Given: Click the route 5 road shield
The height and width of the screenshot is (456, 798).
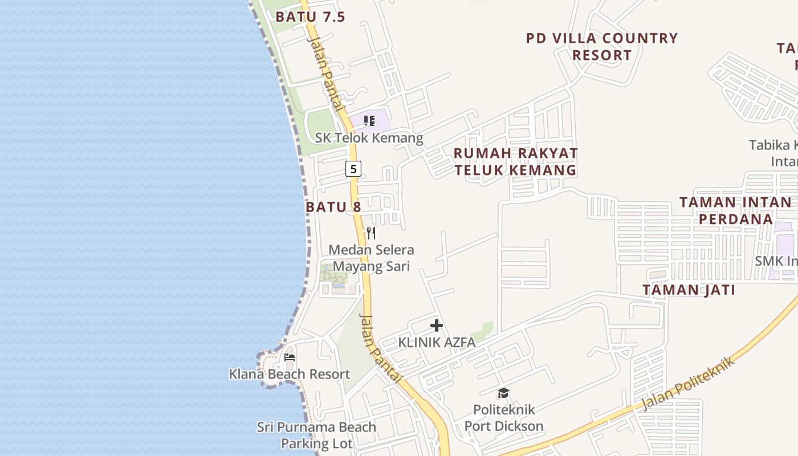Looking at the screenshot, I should pos(353,169).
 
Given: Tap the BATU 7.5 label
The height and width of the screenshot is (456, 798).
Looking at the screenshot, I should pos(310,17).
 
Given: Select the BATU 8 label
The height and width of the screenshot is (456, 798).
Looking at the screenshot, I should pos(333,206).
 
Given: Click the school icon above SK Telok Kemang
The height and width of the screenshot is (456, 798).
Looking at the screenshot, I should pos(369,121).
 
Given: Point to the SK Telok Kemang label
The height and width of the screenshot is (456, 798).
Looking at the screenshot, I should pos(369,138).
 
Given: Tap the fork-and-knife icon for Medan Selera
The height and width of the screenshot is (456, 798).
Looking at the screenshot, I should pos(370,233).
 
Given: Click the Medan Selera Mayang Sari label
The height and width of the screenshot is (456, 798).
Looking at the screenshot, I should pos(371,258).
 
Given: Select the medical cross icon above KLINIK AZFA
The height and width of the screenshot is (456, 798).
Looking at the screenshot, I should pos(437,325).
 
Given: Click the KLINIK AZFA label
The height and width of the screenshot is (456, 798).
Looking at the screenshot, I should pos(437,343).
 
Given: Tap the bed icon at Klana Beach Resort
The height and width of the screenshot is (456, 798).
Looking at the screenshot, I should pos(290,357).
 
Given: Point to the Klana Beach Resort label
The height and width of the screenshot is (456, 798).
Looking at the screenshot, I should pos(290,374).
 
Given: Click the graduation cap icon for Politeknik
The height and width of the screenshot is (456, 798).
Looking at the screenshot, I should pos(503,393).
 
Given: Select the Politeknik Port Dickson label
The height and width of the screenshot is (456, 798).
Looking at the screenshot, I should pos(504,418).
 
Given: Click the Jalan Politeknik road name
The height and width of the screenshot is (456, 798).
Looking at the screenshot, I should pos(688,384).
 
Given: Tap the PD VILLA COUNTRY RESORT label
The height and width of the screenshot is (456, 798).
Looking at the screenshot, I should pos(602,47).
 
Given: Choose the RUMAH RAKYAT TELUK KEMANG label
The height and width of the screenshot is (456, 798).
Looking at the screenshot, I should pos(515,162).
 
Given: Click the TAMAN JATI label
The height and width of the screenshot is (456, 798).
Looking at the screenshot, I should pos(689,290).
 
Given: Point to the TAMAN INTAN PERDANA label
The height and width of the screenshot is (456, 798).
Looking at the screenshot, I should pos(735,210).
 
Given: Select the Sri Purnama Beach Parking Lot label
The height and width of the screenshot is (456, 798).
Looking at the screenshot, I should pos(316,435).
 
